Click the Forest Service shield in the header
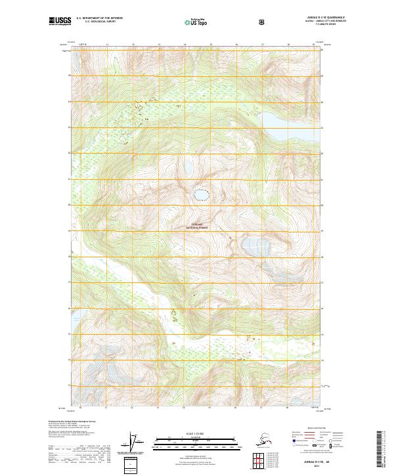[x=263, y=22]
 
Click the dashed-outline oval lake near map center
[x=200, y=195]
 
